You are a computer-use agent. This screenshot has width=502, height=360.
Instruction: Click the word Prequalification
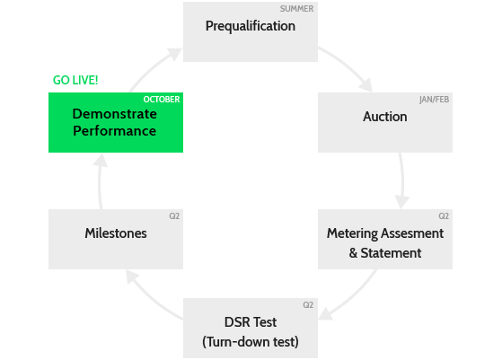click(x=251, y=26)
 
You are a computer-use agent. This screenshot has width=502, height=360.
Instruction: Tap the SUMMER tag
click(x=296, y=9)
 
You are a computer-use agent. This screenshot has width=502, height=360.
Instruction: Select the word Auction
click(x=385, y=117)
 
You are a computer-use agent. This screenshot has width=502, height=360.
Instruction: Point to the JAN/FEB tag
click(x=434, y=100)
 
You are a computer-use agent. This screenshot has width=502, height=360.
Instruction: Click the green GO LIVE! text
click(x=75, y=80)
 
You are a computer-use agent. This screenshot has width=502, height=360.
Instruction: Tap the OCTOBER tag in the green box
click(x=162, y=100)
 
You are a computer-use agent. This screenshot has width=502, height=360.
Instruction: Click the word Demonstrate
click(x=115, y=114)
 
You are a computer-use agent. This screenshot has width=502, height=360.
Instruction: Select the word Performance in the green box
click(x=115, y=131)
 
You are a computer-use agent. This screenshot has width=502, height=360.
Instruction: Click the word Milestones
click(x=116, y=233)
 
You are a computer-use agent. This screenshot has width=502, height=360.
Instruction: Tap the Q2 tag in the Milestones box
click(x=174, y=216)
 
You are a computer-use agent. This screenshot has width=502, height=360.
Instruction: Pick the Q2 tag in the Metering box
click(x=444, y=216)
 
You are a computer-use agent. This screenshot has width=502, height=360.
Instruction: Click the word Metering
click(x=352, y=234)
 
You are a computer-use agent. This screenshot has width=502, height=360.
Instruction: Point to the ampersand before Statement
click(x=353, y=253)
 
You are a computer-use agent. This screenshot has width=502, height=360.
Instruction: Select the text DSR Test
click(x=251, y=322)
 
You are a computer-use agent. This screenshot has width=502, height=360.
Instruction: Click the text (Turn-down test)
click(x=251, y=342)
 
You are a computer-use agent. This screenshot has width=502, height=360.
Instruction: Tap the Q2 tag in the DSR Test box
click(x=308, y=305)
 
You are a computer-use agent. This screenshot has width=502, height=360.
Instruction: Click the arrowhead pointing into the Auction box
click(x=365, y=84)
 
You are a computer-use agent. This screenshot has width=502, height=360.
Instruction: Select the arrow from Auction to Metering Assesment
click(x=402, y=180)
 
